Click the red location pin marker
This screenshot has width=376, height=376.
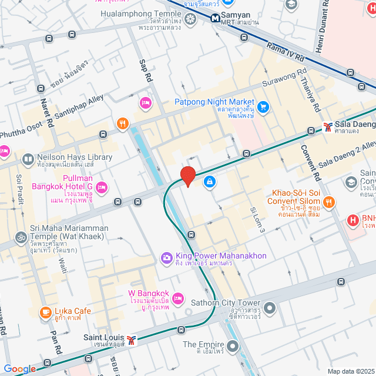click(187, 176)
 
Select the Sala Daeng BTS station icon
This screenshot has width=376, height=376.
click(327, 126)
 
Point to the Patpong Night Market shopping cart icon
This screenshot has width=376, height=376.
click(263, 107)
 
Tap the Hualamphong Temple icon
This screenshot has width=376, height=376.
click(190, 19)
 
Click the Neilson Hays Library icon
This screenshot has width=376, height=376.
click(28, 159)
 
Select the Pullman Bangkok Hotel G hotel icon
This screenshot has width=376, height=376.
click(102, 187)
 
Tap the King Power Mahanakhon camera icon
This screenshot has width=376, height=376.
click(167, 257)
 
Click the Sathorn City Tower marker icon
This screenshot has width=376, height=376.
click(270, 308)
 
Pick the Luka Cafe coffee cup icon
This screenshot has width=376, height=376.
click(45, 311)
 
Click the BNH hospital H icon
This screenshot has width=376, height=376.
click(353, 220)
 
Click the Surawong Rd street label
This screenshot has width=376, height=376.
click(285, 77)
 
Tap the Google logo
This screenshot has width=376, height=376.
click(19, 368)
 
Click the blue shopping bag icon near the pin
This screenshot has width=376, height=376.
click(209, 182)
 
